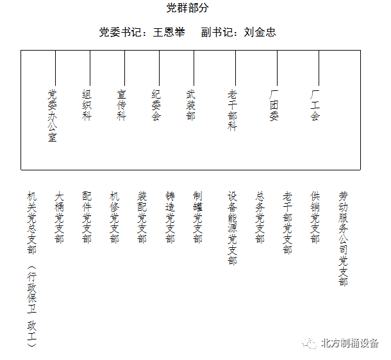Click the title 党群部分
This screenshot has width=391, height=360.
pos(188,8)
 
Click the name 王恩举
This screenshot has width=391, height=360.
pos(169,32)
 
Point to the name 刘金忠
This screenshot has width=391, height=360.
pos(260,32)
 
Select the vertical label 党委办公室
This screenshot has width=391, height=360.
pos(53,115)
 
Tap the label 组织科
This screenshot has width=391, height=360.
pos(87,105)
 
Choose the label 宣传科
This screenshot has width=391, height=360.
pos(121,105)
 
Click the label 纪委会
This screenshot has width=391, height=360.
pos(156,105)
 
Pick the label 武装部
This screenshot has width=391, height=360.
pos(191,105)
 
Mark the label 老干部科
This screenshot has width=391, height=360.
pos(232,110)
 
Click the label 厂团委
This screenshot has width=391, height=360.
pos(274,105)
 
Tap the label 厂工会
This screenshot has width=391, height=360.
pos(315,105)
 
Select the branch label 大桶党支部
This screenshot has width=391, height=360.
pos(59,217)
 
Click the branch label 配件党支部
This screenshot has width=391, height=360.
pos(87,217)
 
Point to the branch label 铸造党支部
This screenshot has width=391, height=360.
pos(170,217)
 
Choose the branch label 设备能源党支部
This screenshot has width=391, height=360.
pos(232,228)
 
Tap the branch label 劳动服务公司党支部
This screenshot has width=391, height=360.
pos(343,239)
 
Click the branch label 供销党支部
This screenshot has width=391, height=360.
pos(315,217)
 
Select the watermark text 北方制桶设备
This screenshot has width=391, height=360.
pos(350,343)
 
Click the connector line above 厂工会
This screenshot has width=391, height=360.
pos(319,68)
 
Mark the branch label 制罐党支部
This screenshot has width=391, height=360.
pos(197,217)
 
